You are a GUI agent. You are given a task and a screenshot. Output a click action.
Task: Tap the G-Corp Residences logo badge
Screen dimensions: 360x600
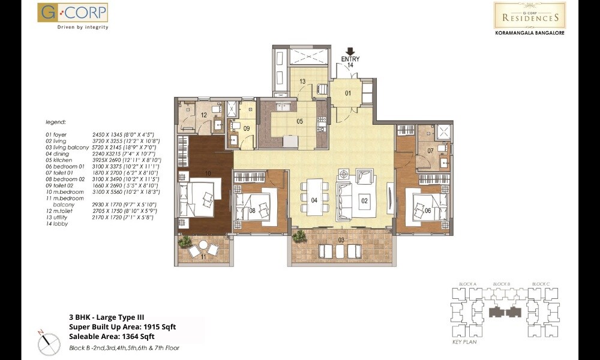pyautogui.click(x=529, y=15)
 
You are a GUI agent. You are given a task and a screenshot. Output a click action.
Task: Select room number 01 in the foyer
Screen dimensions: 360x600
pyautogui.click(x=347, y=93)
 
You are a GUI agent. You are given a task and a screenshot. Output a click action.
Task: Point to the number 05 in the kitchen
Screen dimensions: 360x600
pyautogui.click(x=299, y=121)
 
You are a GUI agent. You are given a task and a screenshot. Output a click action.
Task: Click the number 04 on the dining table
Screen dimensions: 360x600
pyautogui.click(x=314, y=201)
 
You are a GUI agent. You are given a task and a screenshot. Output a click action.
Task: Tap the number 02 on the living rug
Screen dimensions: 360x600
pyautogui.click(x=364, y=201)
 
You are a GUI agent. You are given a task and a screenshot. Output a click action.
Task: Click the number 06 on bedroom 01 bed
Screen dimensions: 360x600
pyautogui.click(x=428, y=211)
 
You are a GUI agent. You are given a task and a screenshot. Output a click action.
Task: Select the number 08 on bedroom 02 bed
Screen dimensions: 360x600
pyautogui.click(x=253, y=211)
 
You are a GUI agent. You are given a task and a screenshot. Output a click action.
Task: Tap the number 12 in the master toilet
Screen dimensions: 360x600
pyautogui.click(x=204, y=115)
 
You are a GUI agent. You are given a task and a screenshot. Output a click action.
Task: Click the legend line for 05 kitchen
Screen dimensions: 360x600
pyautogui.click(x=100, y=160)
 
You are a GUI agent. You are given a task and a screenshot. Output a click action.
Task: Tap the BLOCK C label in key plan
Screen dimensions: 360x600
pyautogui.click(x=541, y=283)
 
